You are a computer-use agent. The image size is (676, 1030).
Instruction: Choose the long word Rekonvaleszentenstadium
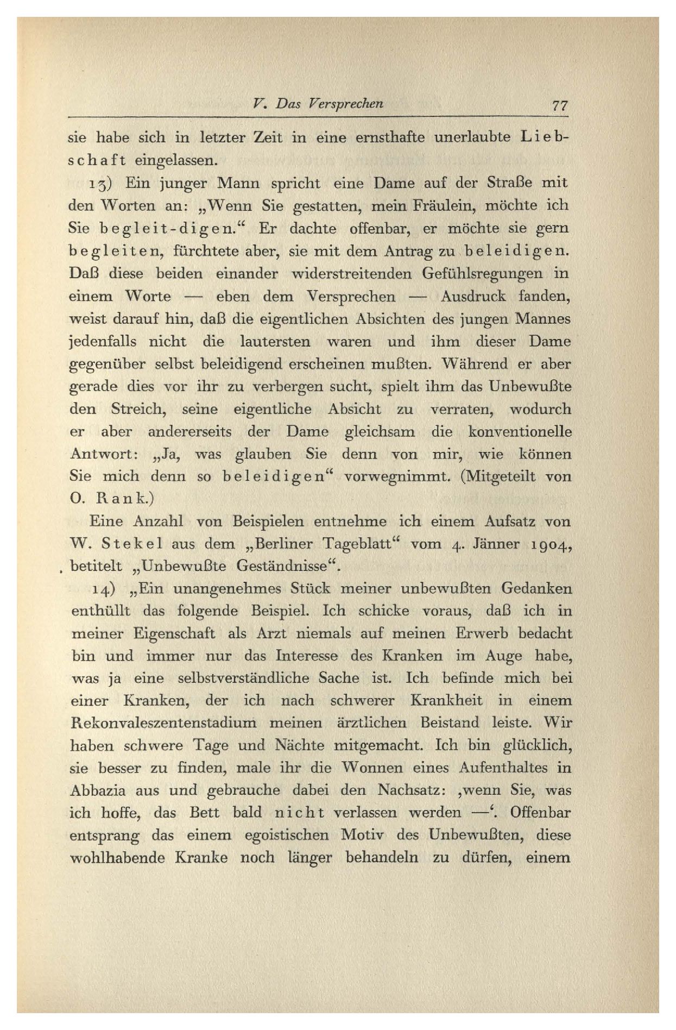163,724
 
